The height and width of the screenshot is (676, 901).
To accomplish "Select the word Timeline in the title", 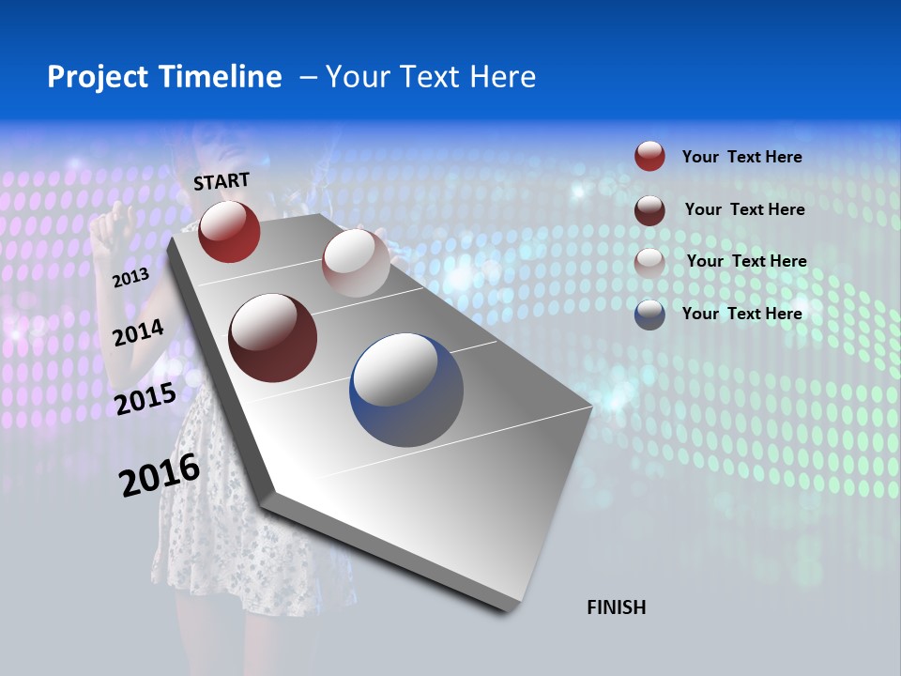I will [221, 77].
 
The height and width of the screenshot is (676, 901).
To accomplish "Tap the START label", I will [221, 181].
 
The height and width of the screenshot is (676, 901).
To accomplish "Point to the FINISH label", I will [616, 607].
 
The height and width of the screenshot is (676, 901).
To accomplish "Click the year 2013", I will [130, 278].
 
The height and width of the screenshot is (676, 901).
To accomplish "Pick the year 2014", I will [138, 333].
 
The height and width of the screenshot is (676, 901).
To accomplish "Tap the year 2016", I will [160, 475].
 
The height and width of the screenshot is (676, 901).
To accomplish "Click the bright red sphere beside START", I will [229, 231].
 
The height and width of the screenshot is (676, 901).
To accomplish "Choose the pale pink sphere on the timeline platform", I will [356, 262].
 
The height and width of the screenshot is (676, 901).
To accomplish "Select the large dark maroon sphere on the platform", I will [272, 338].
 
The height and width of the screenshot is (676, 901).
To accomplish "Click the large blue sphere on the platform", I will [406, 390].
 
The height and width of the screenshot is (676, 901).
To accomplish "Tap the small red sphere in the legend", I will [649, 156].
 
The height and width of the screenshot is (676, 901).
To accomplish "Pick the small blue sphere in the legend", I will [649, 315].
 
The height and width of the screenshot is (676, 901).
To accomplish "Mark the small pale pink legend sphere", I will [649, 262].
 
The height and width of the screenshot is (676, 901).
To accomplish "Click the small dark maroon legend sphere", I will [649, 209].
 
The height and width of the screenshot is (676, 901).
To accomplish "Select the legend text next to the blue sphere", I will [741, 314].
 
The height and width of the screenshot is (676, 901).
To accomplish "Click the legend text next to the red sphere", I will [741, 157].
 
